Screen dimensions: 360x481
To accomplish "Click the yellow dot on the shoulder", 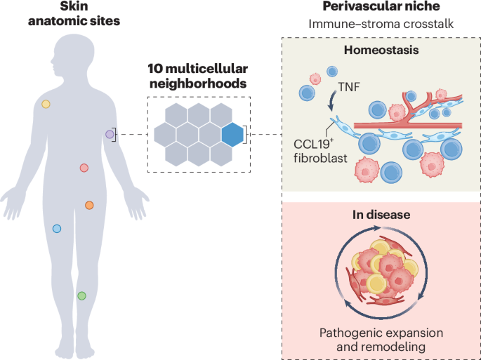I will (x=46, y=104).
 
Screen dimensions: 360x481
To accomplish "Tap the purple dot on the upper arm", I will (x=110, y=133).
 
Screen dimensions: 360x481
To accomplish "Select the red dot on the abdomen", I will (x=84, y=168).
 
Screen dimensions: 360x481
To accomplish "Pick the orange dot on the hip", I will (x=89, y=205).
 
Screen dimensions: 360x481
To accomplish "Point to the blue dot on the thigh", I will (x=57, y=228).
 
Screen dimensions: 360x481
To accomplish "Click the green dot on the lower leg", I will (x=81, y=295).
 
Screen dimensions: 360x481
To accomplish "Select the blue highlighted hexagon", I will (x=232, y=133).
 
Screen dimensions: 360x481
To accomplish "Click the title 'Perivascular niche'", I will (x=381, y=7).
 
